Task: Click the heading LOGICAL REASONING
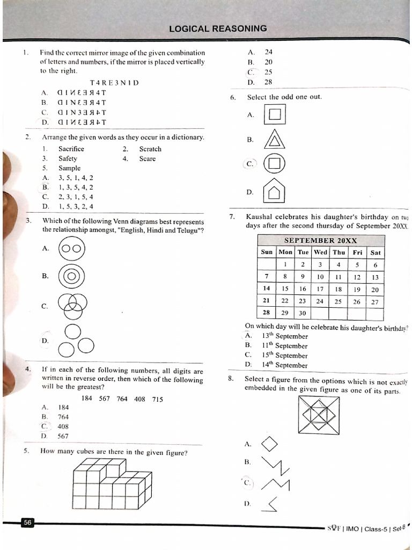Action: (x=218, y=29)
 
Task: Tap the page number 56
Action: (x=27, y=523)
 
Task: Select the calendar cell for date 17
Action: (x=320, y=290)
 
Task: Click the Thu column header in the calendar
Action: (x=339, y=252)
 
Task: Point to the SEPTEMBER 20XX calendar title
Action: (x=321, y=241)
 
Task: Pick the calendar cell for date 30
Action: (x=303, y=313)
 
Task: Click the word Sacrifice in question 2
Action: (x=71, y=149)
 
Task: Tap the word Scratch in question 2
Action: (x=150, y=149)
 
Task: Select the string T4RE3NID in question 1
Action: (x=114, y=83)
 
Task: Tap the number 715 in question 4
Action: (x=157, y=399)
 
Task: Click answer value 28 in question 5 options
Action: (x=268, y=82)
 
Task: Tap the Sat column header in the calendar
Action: (x=375, y=252)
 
